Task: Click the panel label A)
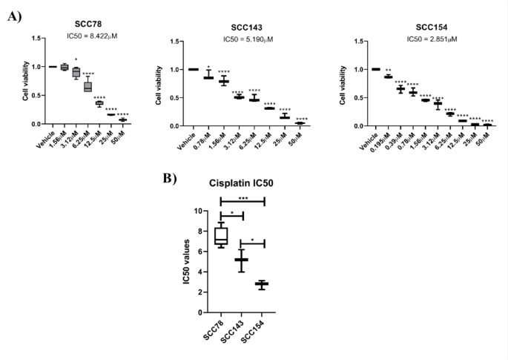(x=16, y=14)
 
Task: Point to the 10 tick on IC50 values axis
(x=199, y=211)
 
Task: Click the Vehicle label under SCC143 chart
(x=191, y=140)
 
